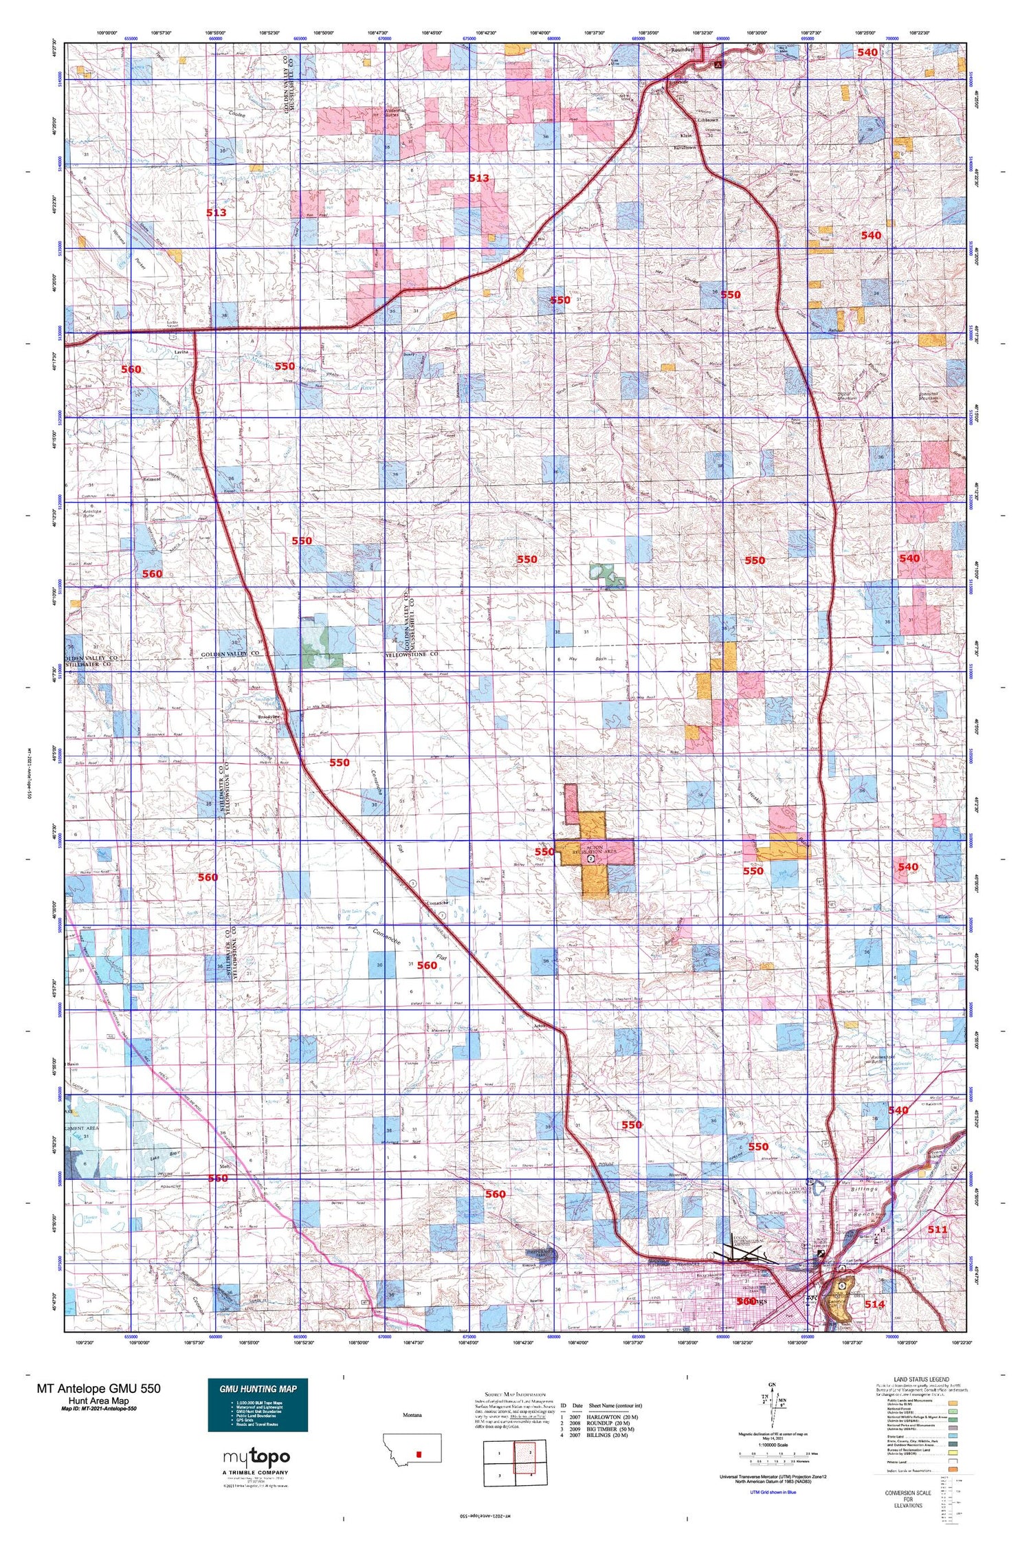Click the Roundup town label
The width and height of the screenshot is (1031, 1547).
tap(683, 50)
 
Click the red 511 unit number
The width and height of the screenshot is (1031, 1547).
tap(938, 1229)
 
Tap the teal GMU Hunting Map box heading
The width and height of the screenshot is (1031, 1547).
tap(258, 1389)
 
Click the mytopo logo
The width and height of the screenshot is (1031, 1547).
tap(257, 1457)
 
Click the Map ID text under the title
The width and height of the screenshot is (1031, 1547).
tap(98, 1409)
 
